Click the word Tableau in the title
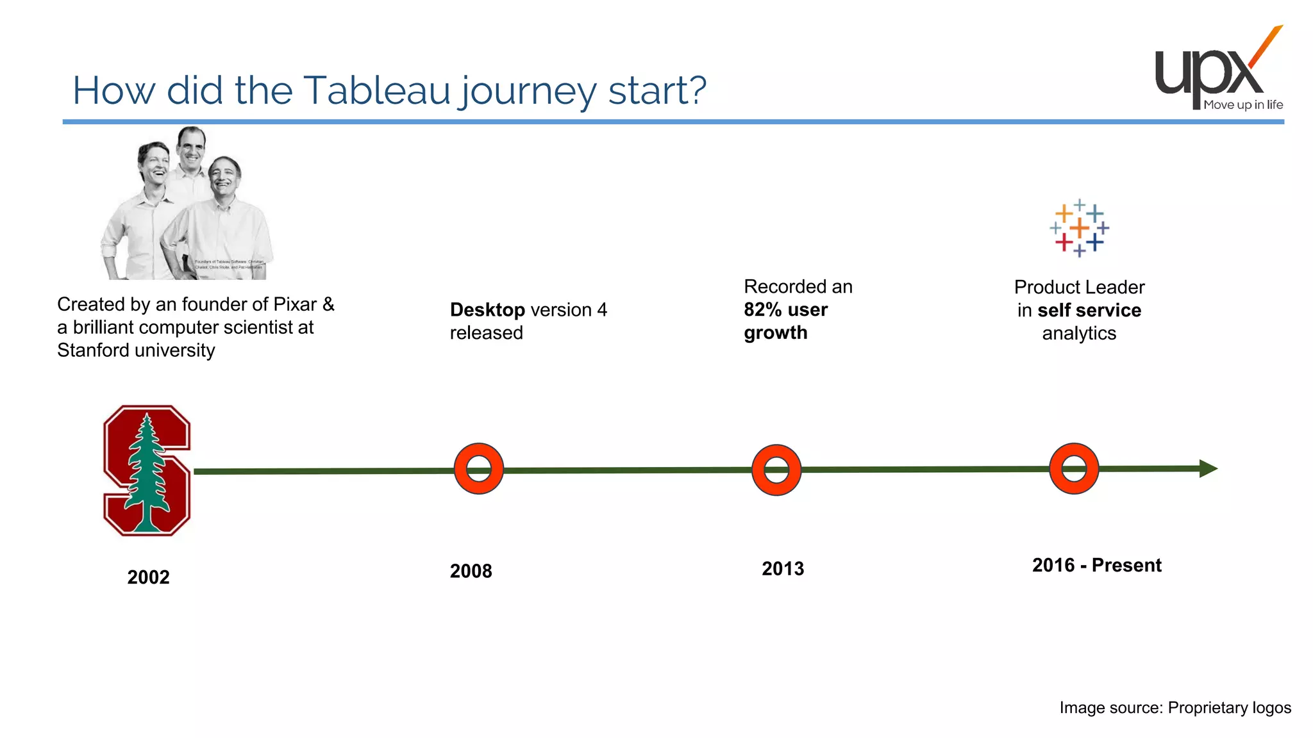tap(377, 90)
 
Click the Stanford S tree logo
tap(147, 470)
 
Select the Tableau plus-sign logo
tap(1080, 228)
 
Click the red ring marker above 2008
tap(479, 468)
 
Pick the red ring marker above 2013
tap(776, 470)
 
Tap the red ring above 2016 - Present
tap(1074, 468)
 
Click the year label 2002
tap(148, 577)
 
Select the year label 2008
tap(471, 571)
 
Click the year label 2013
tap(782, 568)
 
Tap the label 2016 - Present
tap(1096, 565)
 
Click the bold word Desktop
tap(487, 310)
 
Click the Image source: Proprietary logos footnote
tap(1175, 707)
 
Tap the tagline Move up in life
tap(1242, 105)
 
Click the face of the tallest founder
tap(190, 147)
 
